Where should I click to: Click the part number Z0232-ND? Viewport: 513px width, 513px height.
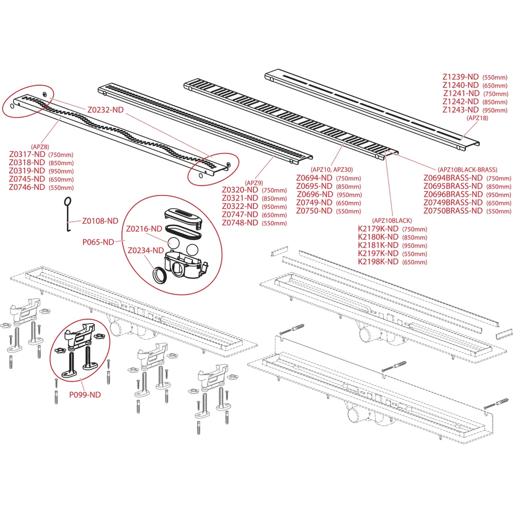click(105, 110)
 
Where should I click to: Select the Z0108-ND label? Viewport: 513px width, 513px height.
click(100, 221)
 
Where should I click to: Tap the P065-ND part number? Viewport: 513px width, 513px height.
click(98, 243)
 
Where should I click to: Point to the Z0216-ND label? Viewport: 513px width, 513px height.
click(144, 229)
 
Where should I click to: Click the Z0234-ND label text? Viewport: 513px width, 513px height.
click(146, 251)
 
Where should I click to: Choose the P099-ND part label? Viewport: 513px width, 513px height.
click(85, 395)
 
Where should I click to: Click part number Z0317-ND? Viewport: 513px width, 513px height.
click(27, 154)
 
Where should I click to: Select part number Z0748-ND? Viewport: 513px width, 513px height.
click(240, 223)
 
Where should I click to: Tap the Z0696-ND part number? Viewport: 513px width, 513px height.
click(315, 194)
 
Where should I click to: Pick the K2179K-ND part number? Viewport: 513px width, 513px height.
click(378, 229)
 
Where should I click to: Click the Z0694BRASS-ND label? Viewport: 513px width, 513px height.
click(453, 178)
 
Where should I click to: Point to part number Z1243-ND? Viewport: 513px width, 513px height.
click(460, 110)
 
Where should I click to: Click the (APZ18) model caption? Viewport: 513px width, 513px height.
click(477, 118)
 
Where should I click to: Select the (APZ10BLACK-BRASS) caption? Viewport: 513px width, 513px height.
click(467, 170)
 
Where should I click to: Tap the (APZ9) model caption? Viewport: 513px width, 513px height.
click(254, 183)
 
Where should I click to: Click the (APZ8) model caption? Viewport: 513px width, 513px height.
click(40, 147)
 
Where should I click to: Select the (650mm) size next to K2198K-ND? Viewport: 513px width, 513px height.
click(415, 262)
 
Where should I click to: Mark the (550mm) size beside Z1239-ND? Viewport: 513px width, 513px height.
click(495, 77)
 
